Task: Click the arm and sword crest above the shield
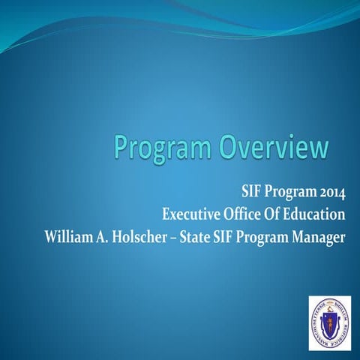coord(329,309)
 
